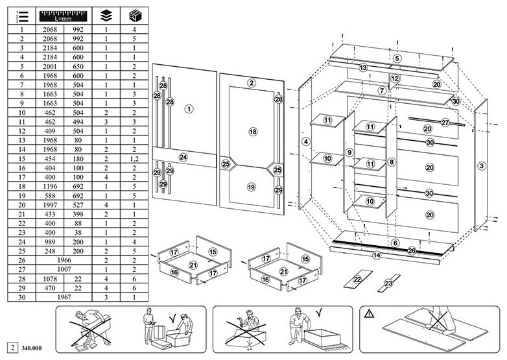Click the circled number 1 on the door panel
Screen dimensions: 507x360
pyautogui.click(x=189, y=109)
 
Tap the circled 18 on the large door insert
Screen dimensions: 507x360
pyautogui.click(x=253, y=132)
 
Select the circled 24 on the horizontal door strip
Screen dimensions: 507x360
pyautogui.click(x=183, y=157)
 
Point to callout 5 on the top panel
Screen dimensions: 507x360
pyautogui.click(x=397, y=58)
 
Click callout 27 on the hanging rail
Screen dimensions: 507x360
pyautogui.click(x=445, y=123)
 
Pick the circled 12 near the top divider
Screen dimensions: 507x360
pyautogui.click(x=395, y=78)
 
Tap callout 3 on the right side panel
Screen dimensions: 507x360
pyautogui.click(x=482, y=166)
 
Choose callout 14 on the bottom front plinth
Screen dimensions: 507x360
pyautogui.click(x=377, y=255)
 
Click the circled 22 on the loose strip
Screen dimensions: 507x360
pyautogui.click(x=357, y=280)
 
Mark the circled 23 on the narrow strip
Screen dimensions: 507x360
pyautogui.click(x=388, y=283)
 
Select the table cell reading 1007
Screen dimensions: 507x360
pyautogui.click(x=64, y=269)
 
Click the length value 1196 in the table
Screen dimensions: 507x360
pyautogui.click(x=50, y=186)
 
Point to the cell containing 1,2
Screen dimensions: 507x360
pyautogui.click(x=134, y=159)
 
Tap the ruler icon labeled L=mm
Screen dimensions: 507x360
pyautogui.click(x=64, y=16)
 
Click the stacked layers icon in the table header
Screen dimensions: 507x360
pyautogui.click(x=106, y=16)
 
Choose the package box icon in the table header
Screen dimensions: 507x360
pyautogui.click(x=134, y=16)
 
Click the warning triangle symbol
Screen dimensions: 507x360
pyautogui.click(x=369, y=313)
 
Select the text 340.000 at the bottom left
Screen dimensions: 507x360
pyautogui.click(x=31, y=348)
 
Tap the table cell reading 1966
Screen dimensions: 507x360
pyautogui.click(x=64, y=260)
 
